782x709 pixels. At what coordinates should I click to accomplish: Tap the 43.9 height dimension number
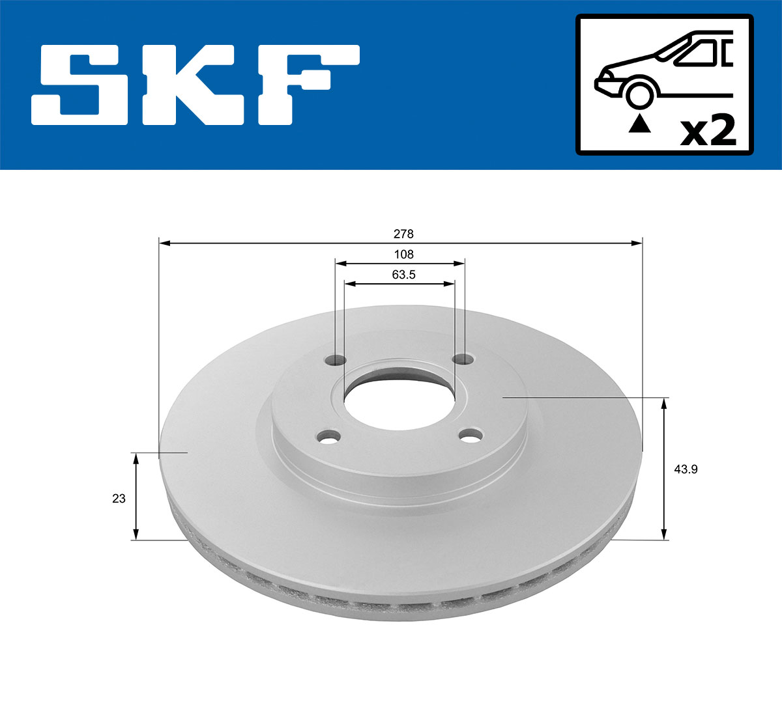pos(686,469)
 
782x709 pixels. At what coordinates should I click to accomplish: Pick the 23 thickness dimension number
pos(119,499)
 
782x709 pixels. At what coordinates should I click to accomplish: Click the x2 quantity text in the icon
pos(708,132)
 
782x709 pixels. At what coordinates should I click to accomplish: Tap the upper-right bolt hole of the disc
pos(464,359)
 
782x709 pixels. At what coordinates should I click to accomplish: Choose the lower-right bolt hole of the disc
pos(470,436)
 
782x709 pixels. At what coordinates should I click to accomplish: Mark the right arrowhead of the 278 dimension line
pos(637,243)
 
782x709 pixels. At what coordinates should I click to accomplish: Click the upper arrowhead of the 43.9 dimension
pos(664,404)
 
